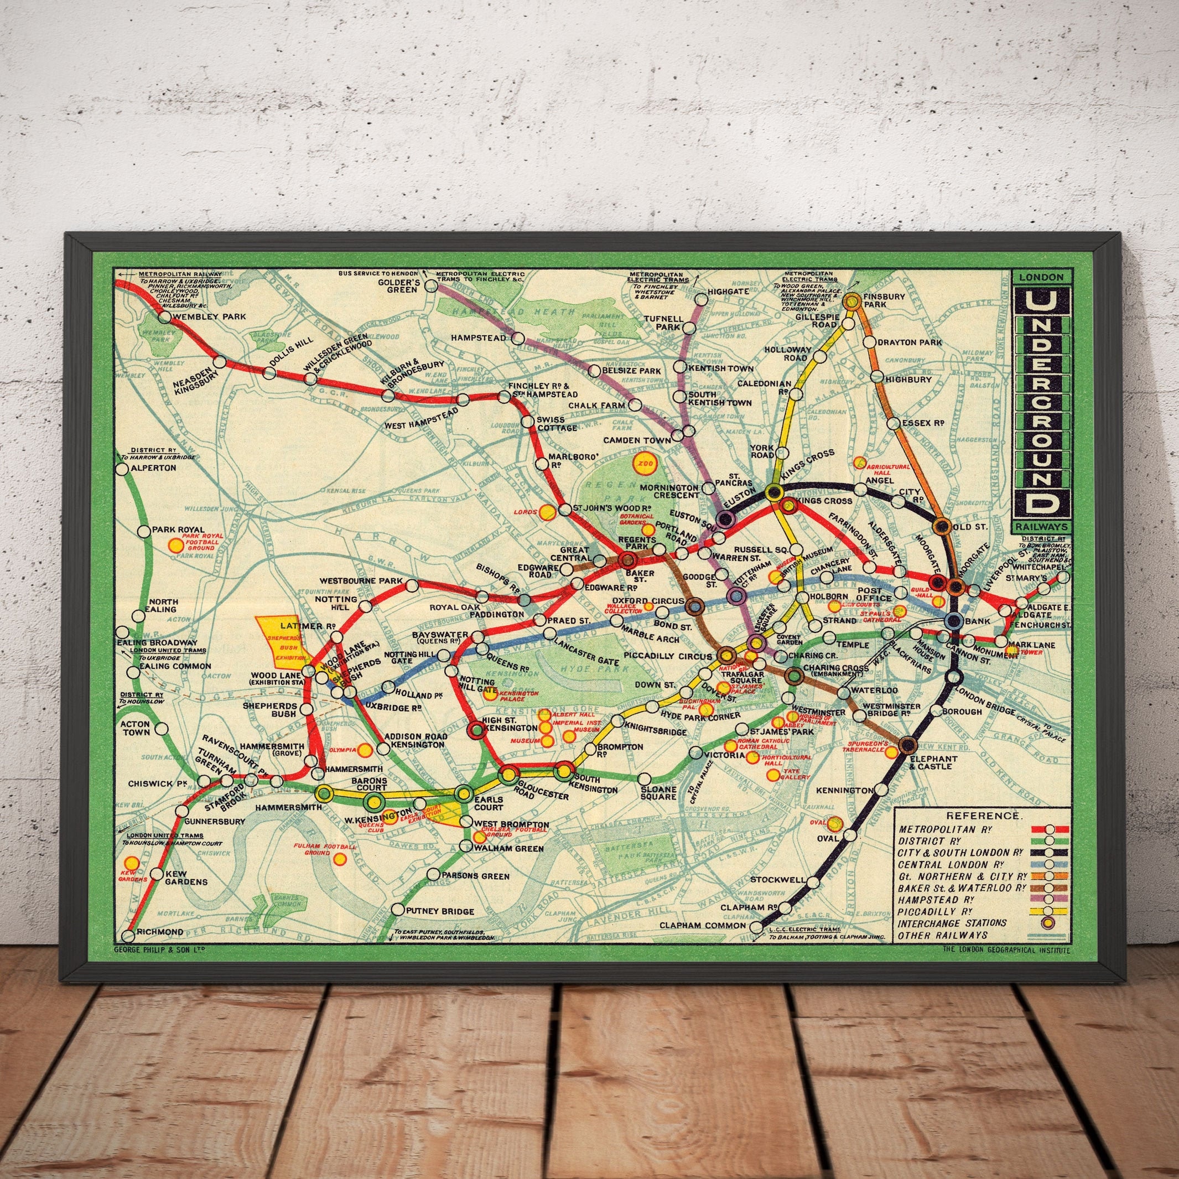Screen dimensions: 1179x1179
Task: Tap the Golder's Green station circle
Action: click(x=431, y=285)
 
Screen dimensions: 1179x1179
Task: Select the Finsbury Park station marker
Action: click(x=852, y=300)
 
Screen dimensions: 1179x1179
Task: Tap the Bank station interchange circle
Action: click(x=953, y=621)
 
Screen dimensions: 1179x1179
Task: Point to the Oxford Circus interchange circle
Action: click(x=694, y=606)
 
